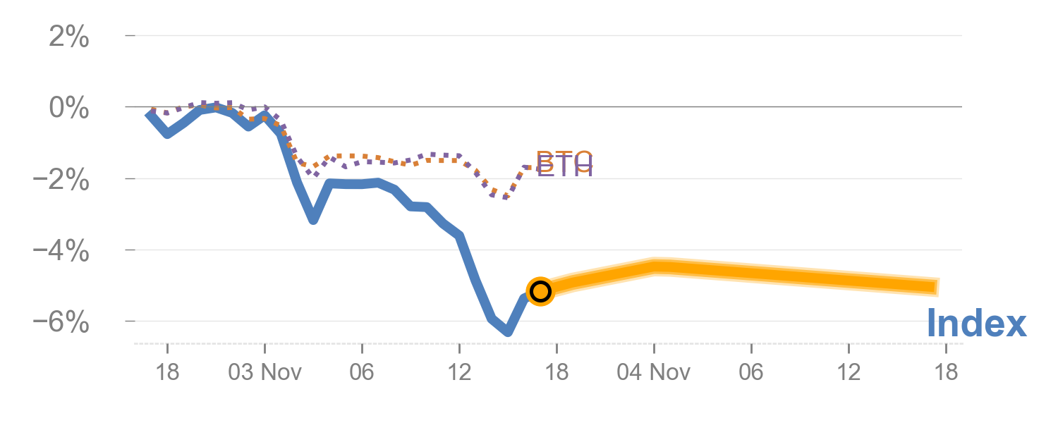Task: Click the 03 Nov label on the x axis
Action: (x=264, y=372)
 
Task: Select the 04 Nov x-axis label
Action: (x=653, y=372)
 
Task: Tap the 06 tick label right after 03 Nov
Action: (x=362, y=372)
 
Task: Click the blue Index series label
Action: (x=976, y=324)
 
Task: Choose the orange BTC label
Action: (x=564, y=159)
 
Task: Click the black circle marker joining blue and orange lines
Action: (x=540, y=290)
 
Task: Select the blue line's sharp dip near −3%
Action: (x=313, y=221)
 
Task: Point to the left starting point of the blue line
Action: (x=150, y=114)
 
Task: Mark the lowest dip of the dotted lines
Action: (x=505, y=197)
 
